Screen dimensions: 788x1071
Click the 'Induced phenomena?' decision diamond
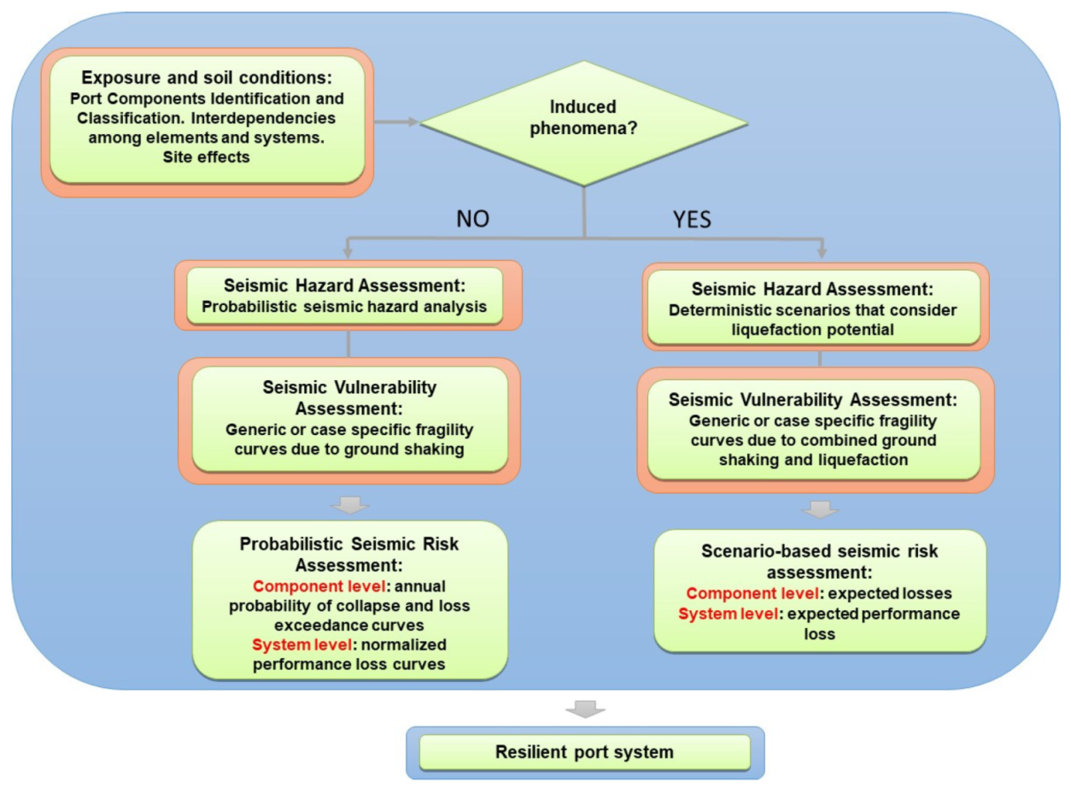[584, 121]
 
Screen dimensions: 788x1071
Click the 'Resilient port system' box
[584, 752]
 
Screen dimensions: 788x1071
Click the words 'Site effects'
[208, 156]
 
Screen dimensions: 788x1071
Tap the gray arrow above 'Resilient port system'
[585, 709]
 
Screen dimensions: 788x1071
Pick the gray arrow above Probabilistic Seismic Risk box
[349, 506]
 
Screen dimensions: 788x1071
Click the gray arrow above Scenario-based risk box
[820, 511]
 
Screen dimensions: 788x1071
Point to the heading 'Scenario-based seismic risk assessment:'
[820, 562]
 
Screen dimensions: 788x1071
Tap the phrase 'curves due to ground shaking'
[349, 450]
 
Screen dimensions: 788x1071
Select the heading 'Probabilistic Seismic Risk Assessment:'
[349, 554]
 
